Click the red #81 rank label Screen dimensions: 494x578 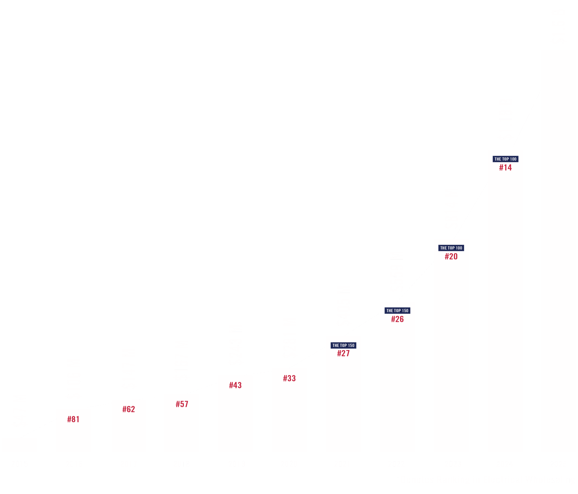point(73,419)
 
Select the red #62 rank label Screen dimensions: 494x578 point(129,409)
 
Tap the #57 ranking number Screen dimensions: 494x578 point(182,404)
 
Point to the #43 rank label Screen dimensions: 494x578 point(235,385)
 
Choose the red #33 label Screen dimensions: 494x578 point(289,378)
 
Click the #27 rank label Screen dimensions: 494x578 point(343,353)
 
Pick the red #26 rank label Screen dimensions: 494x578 point(397,319)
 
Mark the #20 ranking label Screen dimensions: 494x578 point(451,256)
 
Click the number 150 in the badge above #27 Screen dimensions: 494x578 point(351,345)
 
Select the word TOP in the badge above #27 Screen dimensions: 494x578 point(343,345)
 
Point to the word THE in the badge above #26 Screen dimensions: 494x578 point(390,310)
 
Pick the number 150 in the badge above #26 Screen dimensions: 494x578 point(405,310)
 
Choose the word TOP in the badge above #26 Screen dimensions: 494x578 point(397,310)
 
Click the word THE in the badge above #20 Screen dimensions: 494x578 point(443,248)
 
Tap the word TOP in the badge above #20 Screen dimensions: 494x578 point(451,248)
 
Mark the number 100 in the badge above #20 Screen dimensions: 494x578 point(459,248)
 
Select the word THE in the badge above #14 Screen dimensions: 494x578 point(498,159)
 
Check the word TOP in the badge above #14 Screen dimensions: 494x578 point(506,159)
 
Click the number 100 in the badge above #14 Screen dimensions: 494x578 point(513,159)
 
